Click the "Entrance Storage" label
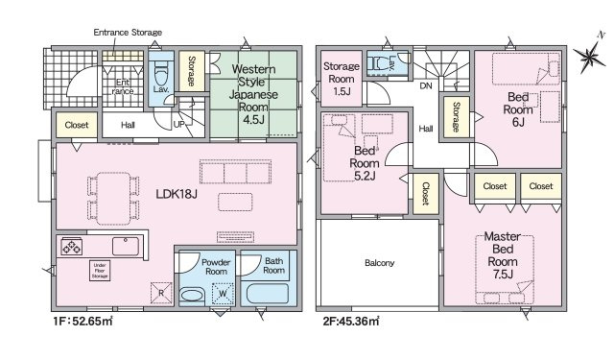128,33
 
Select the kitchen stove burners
72,247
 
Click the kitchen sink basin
126,247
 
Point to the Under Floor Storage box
100,271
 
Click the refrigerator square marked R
161,293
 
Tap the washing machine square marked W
223,294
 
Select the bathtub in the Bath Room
268,294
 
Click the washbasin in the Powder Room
192,295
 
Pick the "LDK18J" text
177,194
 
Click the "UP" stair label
178,125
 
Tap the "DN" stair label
426,85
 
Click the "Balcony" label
380,263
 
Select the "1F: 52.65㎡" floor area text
83,322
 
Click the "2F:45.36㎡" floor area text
351,322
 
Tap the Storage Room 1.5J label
342,79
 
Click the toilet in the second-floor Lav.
378,62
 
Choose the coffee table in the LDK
235,203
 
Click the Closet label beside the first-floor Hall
77,125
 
